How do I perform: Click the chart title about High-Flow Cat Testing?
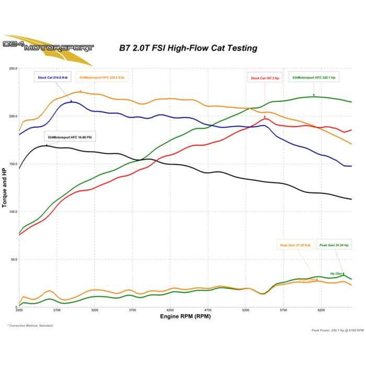[x=188, y=48]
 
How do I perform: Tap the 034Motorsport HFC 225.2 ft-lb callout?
[x=102, y=77]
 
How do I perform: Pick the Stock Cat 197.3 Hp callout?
[x=265, y=78]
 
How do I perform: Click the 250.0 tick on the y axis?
[x=13, y=68]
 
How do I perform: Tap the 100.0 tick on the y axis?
[x=13, y=212]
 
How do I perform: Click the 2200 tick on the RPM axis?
[x=19, y=311]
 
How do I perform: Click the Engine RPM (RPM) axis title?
[x=178, y=317]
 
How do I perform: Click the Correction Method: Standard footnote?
[x=30, y=326]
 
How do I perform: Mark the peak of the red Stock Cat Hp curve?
[x=266, y=119]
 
